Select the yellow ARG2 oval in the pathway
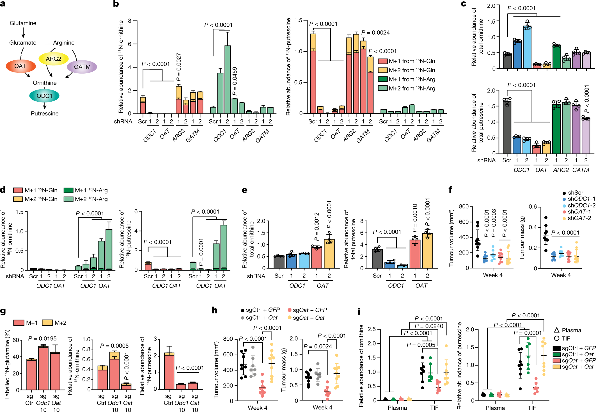pyautogui.click(x=53, y=59)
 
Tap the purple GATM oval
pyautogui.click(x=82, y=67)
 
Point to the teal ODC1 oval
pyautogui.click(x=44, y=96)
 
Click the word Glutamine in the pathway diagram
pyautogui.click(x=23, y=23)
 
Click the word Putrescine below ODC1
pyautogui.click(x=45, y=113)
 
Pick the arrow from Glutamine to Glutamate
pyautogui.click(x=23, y=33)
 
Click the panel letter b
pyautogui.click(x=116, y=4)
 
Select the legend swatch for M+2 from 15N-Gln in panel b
pyautogui.click(x=382, y=70)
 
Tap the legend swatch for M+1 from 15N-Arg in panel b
pyautogui.click(x=382, y=79)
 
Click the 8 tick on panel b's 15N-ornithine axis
pyautogui.click(x=130, y=21)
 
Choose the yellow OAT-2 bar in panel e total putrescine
pyautogui.click(x=427, y=251)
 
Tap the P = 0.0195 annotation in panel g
pyautogui.click(x=42, y=338)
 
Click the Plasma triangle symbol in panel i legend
pyautogui.click(x=557, y=330)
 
